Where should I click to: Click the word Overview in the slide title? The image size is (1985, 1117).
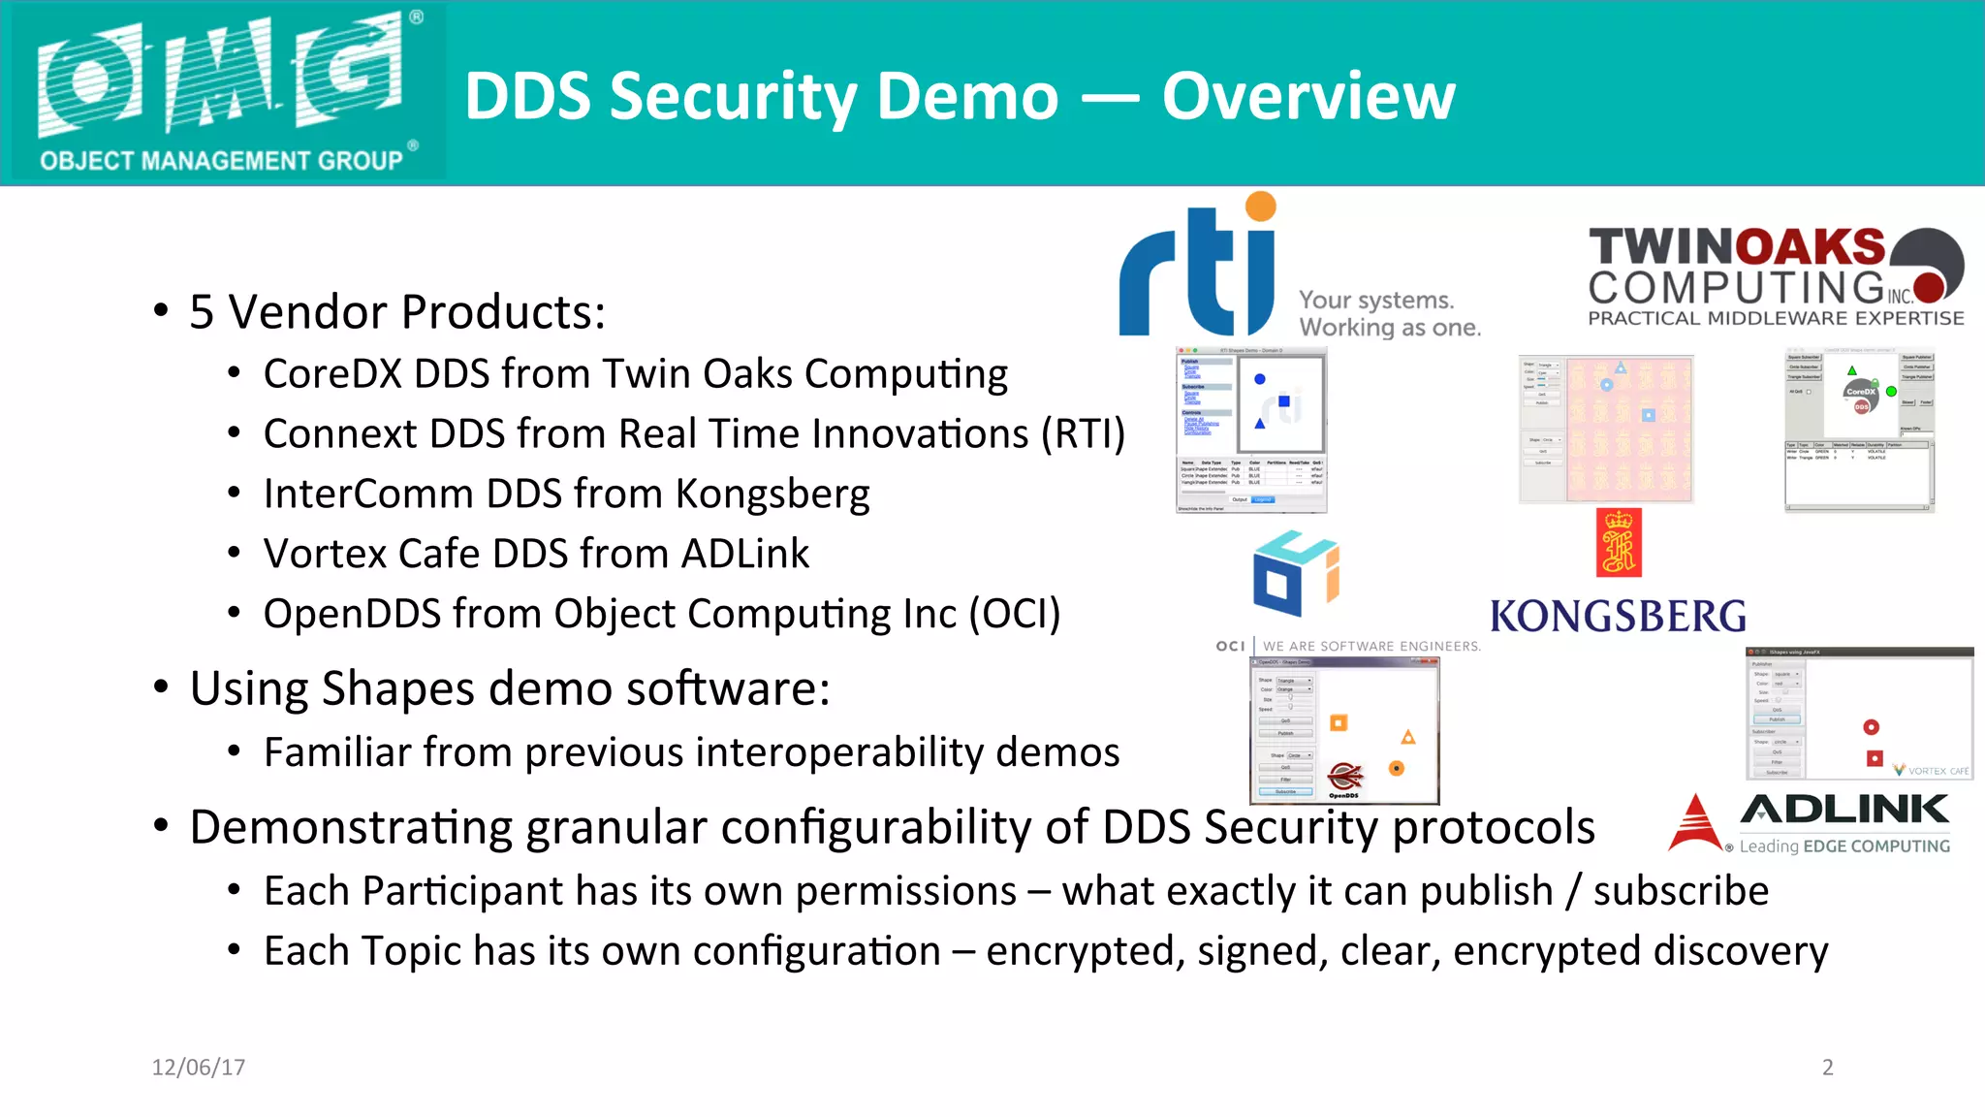[1308, 96]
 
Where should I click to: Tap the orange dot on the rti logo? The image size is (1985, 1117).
[1260, 206]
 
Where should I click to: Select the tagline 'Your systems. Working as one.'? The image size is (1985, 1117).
[1390, 313]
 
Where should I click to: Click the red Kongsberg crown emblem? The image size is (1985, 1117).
[1619, 543]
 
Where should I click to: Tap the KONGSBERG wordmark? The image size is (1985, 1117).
[1618, 617]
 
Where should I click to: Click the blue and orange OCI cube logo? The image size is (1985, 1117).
[1295, 573]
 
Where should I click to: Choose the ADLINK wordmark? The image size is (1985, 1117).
[1844, 809]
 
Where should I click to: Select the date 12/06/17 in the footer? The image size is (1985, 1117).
[199, 1068]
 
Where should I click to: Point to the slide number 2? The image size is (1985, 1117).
[1827, 1068]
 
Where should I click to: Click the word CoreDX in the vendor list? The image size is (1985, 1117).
[331, 374]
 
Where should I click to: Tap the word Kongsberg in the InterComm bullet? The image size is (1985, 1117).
[772, 495]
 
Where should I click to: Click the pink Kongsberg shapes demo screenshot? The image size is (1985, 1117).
[1629, 429]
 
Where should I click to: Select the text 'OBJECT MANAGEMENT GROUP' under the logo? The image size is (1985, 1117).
[221, 161]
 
